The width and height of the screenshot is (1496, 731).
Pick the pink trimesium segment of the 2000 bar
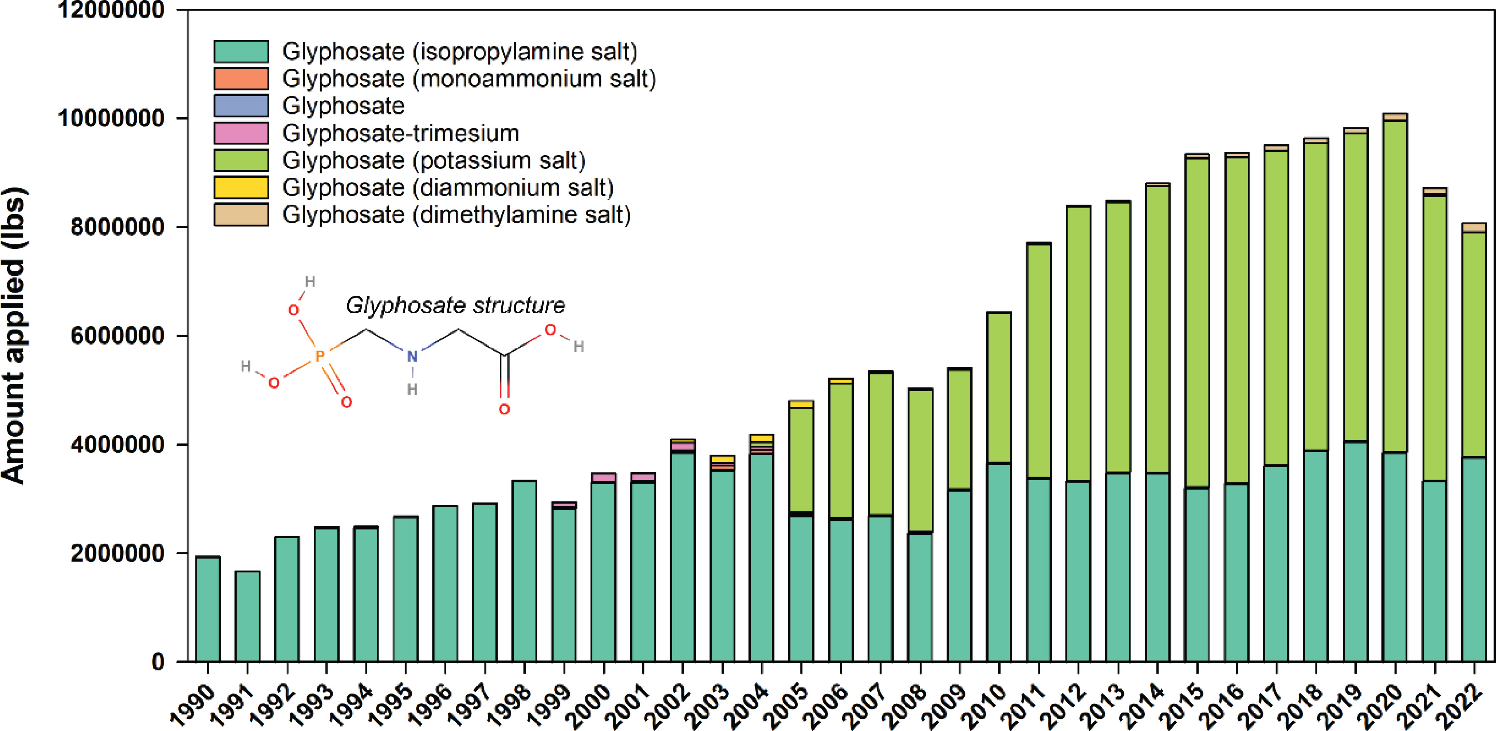click(x=603, y=477)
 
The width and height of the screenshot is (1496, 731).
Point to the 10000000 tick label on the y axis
click(x=110, y=118)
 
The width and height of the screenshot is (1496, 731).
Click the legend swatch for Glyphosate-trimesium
click(x=241, y=133)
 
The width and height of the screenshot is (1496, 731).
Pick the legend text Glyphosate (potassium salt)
click(x=433, y=160)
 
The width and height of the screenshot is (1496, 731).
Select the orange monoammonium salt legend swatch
click(x=241, y=79)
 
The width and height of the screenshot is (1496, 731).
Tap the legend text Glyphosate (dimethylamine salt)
click(x=456, y=215)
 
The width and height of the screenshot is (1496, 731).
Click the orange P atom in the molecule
click(x=319, y=356)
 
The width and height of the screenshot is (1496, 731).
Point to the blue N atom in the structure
click(x=412, y=356)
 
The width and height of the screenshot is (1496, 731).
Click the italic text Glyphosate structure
click(x=455, y=305)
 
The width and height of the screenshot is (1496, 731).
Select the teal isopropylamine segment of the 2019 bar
click(x=1355, y=552)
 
